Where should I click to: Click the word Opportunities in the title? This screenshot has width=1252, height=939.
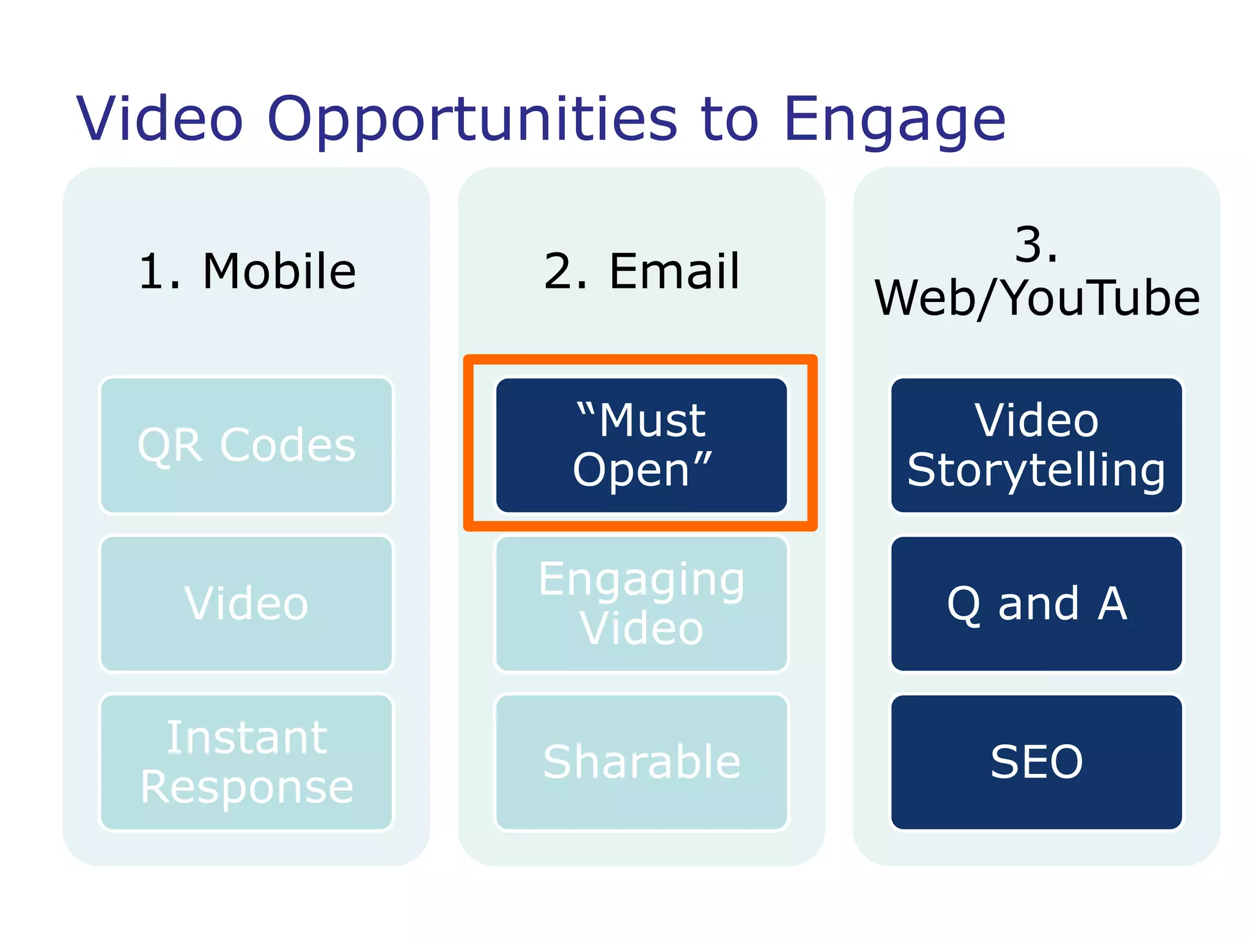[472, 120]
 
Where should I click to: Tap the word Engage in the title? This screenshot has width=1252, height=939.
[894, 120]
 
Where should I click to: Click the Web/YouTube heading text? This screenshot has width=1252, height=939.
[1037, 298]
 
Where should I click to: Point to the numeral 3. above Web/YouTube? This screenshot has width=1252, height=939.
[1036, 245]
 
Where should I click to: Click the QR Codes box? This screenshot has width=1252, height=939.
[246, 445]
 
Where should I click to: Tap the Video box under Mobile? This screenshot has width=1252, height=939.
[246, 603]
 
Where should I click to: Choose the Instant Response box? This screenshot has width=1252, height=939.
[246, 762]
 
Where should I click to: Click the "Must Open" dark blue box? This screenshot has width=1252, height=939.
[641, 445]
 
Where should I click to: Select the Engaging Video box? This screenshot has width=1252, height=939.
[641, 603]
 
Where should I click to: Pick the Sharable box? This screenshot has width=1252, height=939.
[641, 762]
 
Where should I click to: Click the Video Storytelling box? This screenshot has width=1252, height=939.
[1036, 445]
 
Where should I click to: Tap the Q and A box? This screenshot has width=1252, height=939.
[1036, 603]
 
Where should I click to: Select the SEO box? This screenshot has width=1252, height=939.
[1036, 762]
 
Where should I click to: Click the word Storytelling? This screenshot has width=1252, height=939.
[1036, 470]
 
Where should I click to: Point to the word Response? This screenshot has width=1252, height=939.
[246, 787]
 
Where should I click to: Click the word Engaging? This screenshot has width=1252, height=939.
[641, 580]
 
